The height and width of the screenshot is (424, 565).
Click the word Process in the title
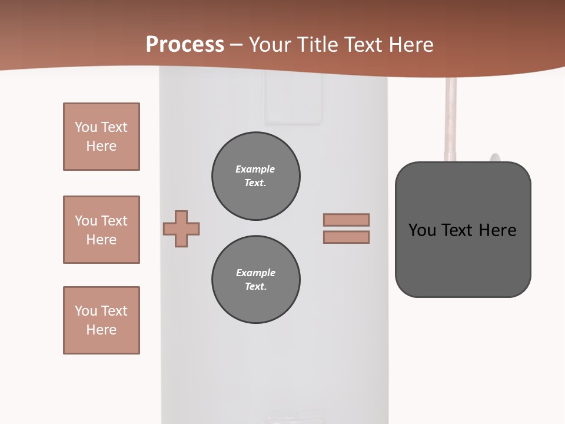coord(185,44)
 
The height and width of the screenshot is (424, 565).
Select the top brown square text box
coord(101,137)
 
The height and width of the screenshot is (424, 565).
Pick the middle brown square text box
coord(101,230)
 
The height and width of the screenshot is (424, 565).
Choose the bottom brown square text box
coord(101,320)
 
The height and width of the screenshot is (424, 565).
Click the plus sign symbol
coord(181,228)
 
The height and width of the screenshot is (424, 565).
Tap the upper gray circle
coord(256,176)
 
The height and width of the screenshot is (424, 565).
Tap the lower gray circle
coord(256,280)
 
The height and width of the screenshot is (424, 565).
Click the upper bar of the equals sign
coord(346,220)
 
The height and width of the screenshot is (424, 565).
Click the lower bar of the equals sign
coord(346,237)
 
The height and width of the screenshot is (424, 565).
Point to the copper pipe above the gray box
coord(451,118)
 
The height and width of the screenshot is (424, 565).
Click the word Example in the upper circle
coord(255,169)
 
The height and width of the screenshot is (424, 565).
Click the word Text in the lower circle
coord(255,287)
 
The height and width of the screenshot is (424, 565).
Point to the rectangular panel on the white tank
coord(294,100)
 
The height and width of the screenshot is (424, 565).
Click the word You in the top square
coord(85,127)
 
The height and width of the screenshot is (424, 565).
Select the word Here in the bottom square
coord(101,330)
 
